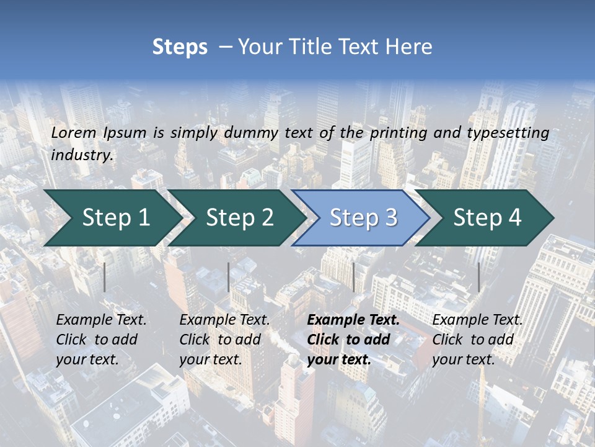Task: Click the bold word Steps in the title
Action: point(180,47)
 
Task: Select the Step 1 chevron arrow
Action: point(112,217)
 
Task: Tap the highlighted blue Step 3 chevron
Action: point(363,217)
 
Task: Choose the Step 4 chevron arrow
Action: point(487,217)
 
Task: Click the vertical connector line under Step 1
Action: point(105,277)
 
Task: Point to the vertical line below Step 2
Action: point(229,277)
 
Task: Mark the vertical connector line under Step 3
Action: point(353,277)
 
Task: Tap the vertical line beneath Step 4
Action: point(478,277)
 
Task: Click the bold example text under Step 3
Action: point(353,340)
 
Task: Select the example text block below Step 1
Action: point(101,340)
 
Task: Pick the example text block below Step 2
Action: point(224,340)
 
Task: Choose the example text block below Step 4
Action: point(477,340)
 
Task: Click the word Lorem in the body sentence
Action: point(74,132)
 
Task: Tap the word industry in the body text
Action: point(81,155)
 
